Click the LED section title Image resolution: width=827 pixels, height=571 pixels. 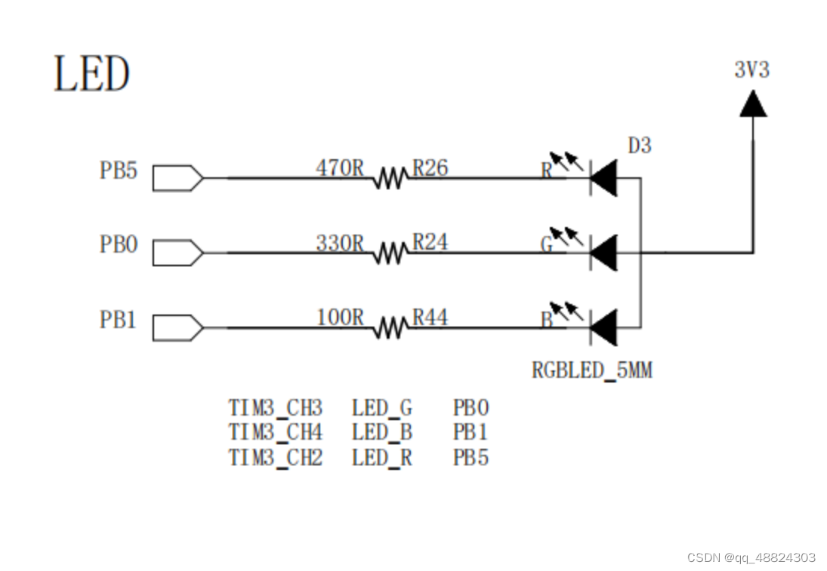pyautogui.click(x=91, y=74)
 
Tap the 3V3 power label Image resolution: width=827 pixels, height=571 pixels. pyautogui.click(x=751, y=70)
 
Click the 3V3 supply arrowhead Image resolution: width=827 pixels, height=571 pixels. pyautogui.click(x=752, y=104)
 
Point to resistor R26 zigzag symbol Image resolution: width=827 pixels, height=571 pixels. pyautogui.click(x=389, y=179)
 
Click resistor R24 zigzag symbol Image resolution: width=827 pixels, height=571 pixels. pyautogui.click(x=389, y=253)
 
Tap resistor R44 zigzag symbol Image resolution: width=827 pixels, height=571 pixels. pyautogui.click(x=389, y=328)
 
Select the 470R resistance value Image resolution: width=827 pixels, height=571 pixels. pyautogui.click(x=339, y=167)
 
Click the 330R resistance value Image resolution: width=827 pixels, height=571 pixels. pyautogui.click(x=339, y=243)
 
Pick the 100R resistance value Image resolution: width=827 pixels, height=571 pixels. pyautogui.click(x=339, y=318)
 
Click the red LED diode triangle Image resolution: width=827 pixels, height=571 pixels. pyautogui.click(x=603, y=179)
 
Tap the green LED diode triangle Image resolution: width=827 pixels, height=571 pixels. pyautogui.click(x=603, y=253)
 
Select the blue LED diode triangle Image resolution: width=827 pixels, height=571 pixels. pyautogui.click(x=603, y=328)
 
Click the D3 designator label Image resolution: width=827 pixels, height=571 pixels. pyautogui.click(x=639, y=146)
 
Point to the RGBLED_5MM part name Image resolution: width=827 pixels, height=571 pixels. pyautogui.click(x=591, y=370)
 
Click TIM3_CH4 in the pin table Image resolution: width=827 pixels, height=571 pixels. pyautogui.click(x=276, y=432)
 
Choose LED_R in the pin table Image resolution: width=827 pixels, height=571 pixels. pyautogui.click(x=381, y=457)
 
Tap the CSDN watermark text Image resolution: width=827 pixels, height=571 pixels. pyautogui.click(x=751, y=557)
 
